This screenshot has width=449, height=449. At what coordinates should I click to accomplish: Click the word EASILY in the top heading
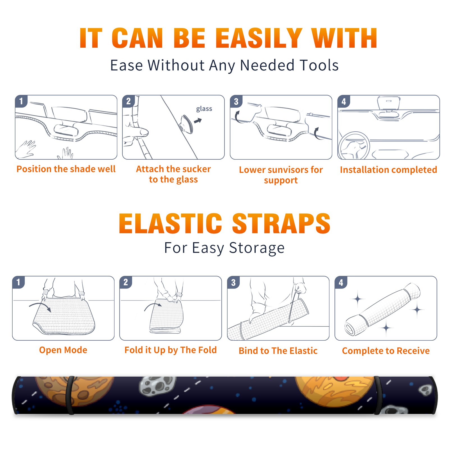tap(259, 38)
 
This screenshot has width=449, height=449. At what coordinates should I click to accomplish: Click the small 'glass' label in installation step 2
tap(204, 109)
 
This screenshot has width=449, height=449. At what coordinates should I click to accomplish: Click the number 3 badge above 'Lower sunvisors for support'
tap(236, 102)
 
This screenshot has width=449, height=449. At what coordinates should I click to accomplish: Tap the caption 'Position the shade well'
tap(66, 169)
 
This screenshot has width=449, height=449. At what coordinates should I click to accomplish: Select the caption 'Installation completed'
tap(388, 170)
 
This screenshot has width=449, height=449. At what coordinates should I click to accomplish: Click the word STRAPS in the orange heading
tap(281, 223)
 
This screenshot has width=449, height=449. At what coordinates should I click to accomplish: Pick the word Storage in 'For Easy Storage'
tap(257, 248)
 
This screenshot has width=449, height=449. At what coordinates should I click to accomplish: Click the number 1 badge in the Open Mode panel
tap(19, 282)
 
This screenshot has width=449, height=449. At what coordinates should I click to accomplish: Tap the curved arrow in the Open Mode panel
tap(40, 307)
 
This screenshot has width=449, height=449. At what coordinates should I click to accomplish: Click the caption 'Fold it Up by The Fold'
tap(171, 350)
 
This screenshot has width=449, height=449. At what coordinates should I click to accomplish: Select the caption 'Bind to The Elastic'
tap(278, 351)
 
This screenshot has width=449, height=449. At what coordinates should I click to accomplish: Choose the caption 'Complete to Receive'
tap(386, 351)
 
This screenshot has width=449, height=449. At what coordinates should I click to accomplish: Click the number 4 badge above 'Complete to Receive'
tap(341, 282)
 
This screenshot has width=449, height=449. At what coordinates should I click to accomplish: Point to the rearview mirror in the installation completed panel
tap(388, 103)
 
